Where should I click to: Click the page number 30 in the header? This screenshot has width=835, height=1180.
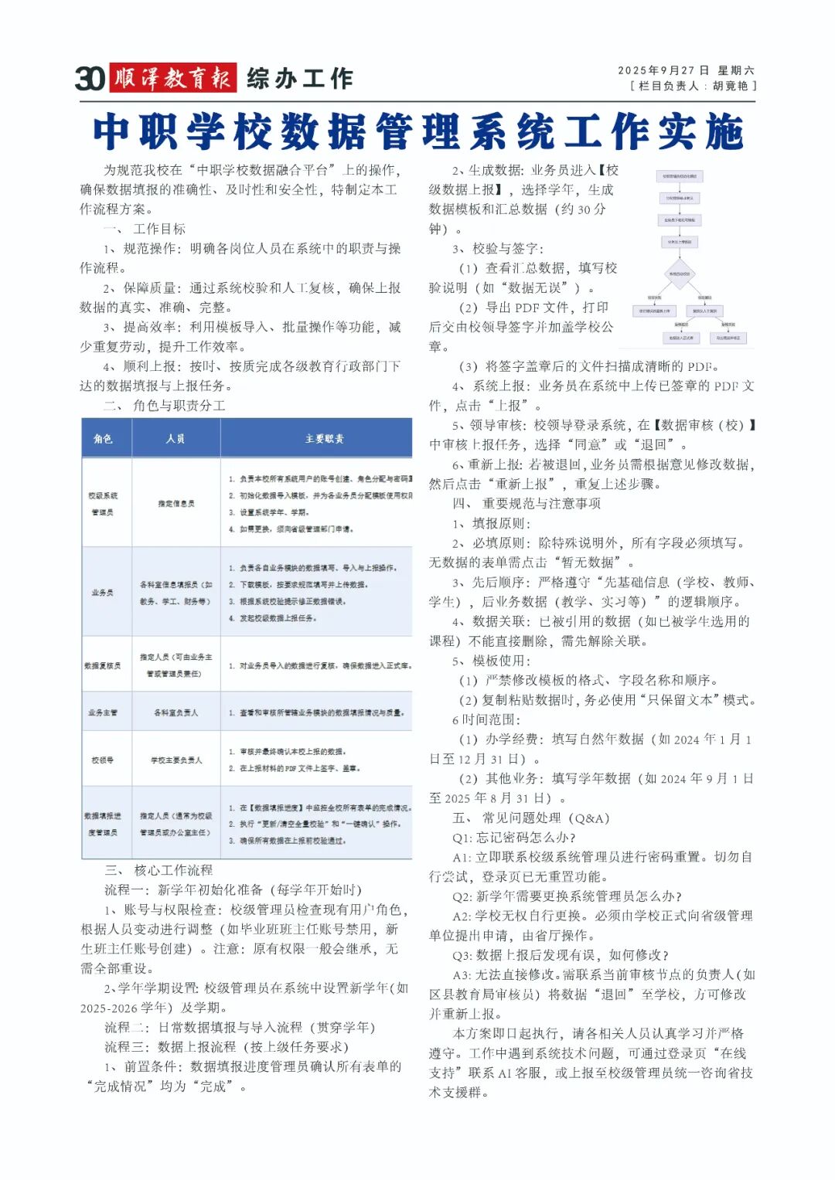coord(90,78)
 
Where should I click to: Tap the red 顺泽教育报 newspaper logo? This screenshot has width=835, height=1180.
coord(172,78)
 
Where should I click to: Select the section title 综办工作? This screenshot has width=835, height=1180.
coord(300,78)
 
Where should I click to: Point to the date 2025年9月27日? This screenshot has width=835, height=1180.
coord(663,70)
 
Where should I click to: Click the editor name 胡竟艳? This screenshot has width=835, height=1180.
coord(731,86)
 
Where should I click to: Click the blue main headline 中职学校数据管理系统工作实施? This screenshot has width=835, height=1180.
coord(417,131)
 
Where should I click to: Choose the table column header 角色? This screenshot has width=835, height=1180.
coord(103,439)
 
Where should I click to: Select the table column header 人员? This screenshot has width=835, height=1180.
coord(176,439)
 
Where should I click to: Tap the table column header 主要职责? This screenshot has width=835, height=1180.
coord(324,439)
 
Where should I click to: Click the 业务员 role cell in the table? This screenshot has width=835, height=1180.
coord(103,593)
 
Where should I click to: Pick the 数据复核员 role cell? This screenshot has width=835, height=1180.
coord(103,665)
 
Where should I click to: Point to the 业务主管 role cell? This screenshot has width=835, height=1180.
coord(103,712)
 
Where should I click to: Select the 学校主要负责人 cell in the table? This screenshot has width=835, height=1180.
coord(176,760)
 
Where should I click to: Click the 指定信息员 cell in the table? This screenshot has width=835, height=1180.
coord(176,504)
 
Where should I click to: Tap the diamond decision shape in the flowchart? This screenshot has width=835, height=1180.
coord(680,274)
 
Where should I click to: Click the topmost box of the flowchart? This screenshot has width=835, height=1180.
coord(680,176)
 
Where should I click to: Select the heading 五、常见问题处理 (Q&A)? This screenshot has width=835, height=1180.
coord(531,818)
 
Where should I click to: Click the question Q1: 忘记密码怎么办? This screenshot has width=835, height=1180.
coord(514,837)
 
